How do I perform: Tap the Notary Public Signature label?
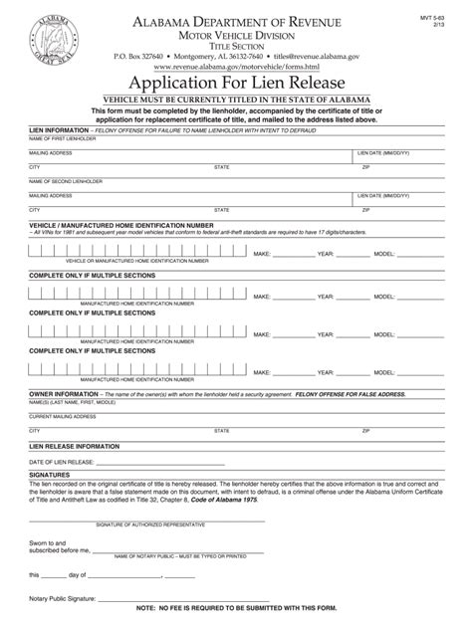pyautogui.click(x=66, y=596)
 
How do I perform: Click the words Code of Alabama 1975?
pyautogui.click(x=223, y=502)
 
